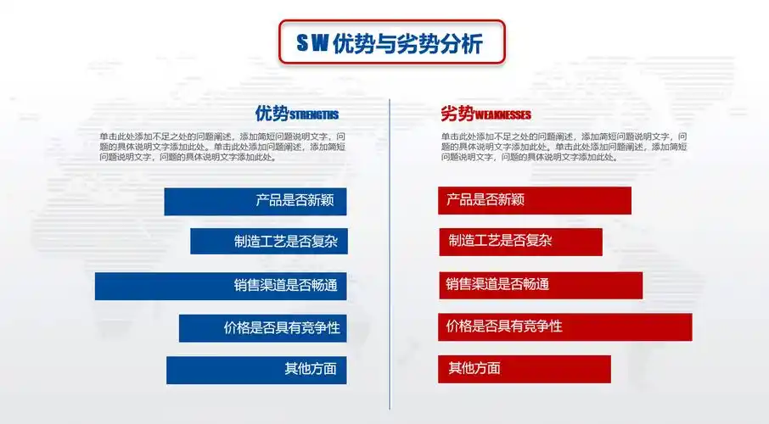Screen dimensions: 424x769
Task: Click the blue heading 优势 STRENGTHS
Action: [x=297, y=114]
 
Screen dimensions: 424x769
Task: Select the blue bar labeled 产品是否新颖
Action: [x=255, y=201]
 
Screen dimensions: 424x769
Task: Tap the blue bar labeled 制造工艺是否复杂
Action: [x=268, y=241]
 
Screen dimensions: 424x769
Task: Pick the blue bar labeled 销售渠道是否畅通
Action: [x=221, y=286]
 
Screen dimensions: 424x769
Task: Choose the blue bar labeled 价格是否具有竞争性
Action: [x=262, y=327]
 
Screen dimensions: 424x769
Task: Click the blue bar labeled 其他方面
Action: [x=256, y=370]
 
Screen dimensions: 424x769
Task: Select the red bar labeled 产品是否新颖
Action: [x=535, y=200]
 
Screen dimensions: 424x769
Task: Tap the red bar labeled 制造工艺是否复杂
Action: [x=520, y=242]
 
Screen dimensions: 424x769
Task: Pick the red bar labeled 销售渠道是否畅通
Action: [x=540, y=285]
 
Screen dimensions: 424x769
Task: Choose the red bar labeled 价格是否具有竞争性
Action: [x=564, y=326]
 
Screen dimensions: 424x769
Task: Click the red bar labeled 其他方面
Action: [x=525, y=369]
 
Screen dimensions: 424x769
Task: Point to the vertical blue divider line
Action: [x=390, y=254]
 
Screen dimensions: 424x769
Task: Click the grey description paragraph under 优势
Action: [x=222, y=146]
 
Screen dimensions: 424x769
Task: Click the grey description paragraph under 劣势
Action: [x=564, y=146]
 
